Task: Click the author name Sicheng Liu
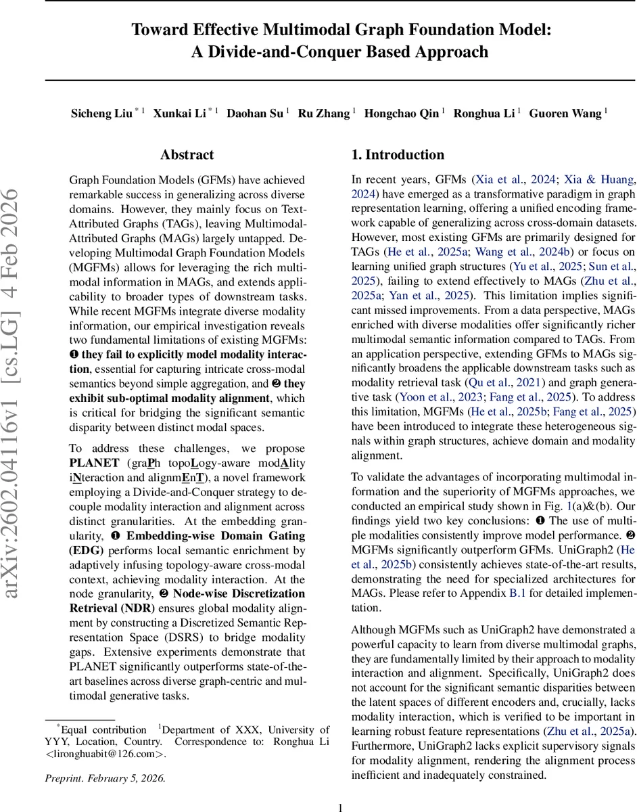(x=101, y=114)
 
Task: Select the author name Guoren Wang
(x=565, y=114)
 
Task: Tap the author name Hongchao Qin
(x=401, y=114)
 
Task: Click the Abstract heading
(x=187, y=155)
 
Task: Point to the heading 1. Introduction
(x=398, y=155)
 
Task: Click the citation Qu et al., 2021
(x=492, y=382)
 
